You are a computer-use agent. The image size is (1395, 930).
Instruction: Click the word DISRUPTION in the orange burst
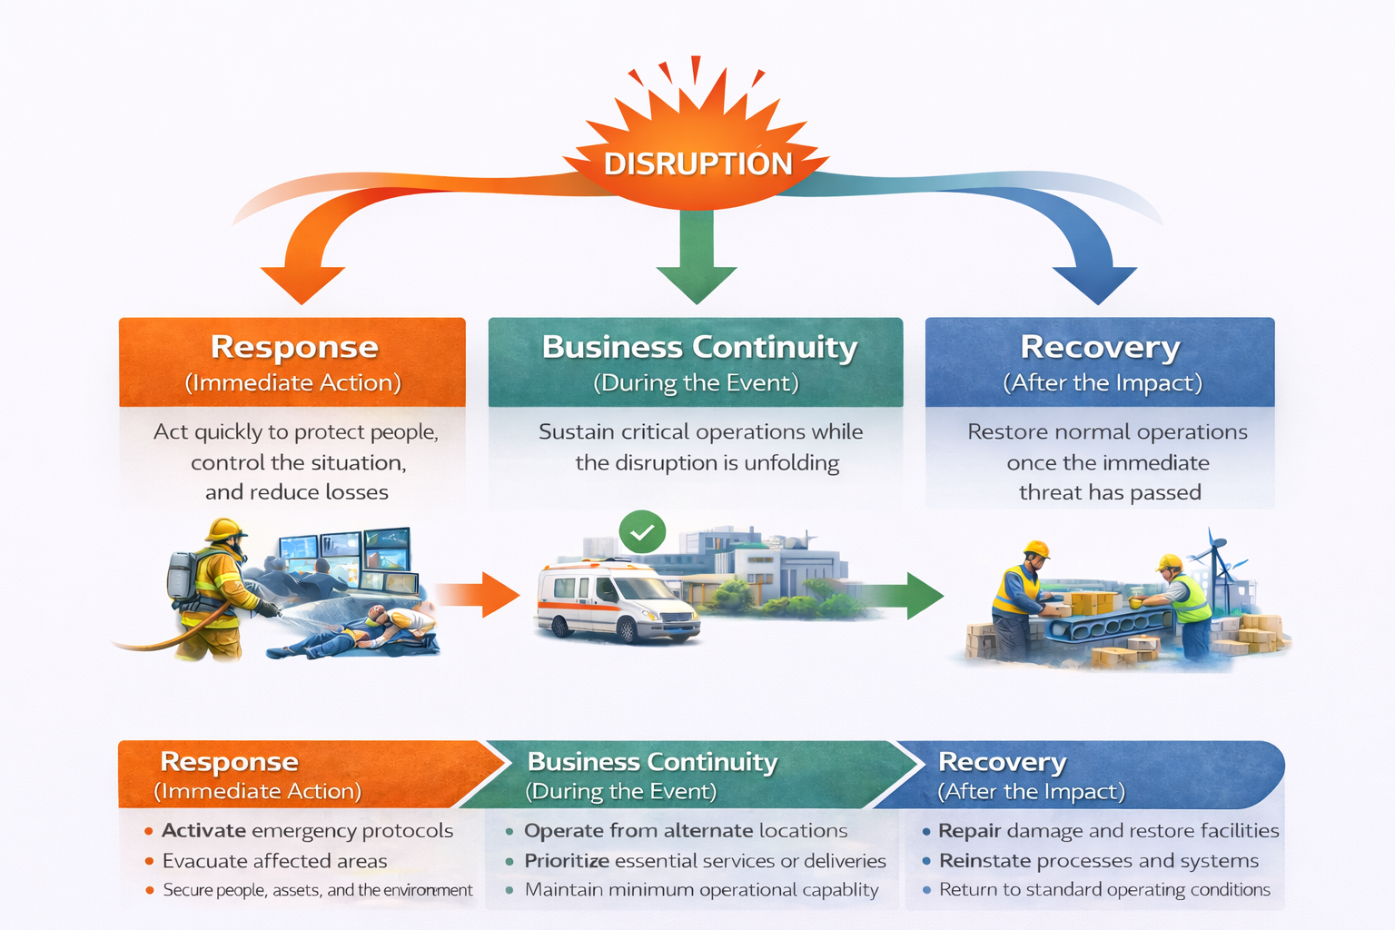pos(697,163)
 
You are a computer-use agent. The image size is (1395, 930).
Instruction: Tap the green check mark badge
pos(642,532)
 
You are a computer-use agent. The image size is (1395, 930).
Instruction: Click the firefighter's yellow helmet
pos(224,529)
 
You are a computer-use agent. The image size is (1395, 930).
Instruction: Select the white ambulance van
pos(615,602)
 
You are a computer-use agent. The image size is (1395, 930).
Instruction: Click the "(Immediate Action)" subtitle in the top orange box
pos(292,382)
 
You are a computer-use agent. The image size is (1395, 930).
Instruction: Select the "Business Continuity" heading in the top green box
pos(699,347)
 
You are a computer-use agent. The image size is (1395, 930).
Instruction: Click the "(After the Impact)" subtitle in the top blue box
pos(1102,382)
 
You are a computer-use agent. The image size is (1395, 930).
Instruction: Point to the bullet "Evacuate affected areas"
pos(274,861)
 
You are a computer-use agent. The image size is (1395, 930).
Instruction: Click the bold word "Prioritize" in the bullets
pos(566,861)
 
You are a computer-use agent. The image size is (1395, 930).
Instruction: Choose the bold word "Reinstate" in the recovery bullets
pos(984,861)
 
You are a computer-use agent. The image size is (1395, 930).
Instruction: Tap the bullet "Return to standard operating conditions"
pos(1104,890)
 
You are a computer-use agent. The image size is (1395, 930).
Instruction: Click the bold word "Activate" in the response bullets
pos(203,831)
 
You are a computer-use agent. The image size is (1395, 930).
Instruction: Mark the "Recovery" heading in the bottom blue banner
pos(1002,761)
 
